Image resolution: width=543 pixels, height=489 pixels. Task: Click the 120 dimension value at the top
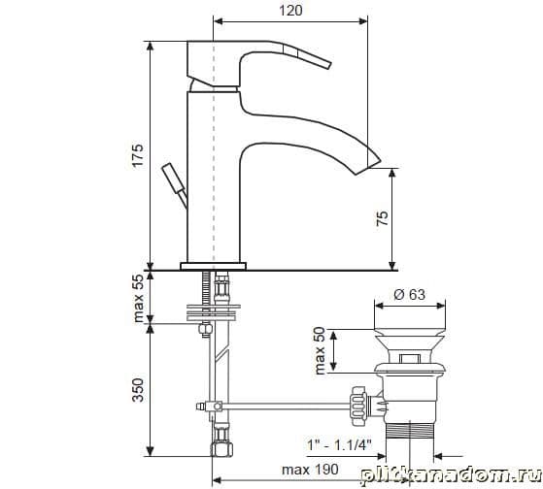290,11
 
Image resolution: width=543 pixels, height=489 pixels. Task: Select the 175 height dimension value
138,155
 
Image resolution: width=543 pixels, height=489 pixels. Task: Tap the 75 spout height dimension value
383,218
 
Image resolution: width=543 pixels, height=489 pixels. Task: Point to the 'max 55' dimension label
138,298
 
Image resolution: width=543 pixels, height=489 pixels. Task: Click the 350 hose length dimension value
138,390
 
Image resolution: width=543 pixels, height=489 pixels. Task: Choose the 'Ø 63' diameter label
409,294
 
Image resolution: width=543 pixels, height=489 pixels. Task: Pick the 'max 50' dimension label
320,350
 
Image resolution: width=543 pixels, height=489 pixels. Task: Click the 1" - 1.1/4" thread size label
339,445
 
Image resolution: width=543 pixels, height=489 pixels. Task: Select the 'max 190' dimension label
310,470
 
